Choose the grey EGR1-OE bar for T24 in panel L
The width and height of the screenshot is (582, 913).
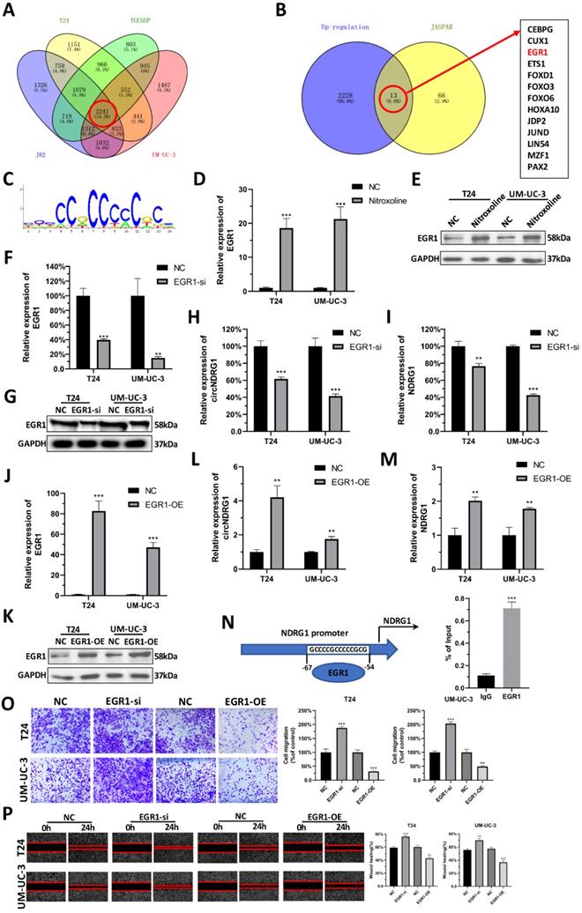[290, 528]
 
